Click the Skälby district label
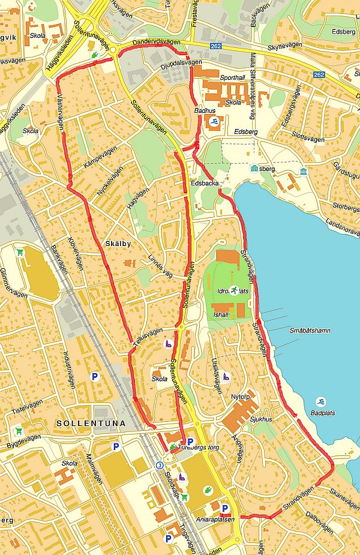118,244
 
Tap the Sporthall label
233,78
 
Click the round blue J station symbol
160,465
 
